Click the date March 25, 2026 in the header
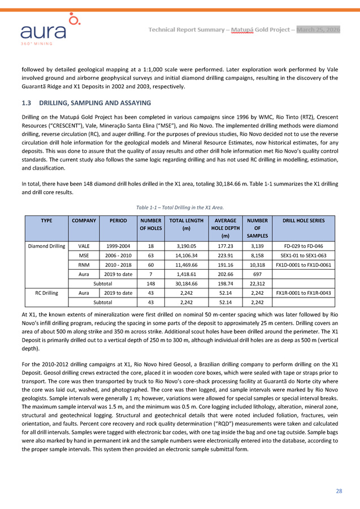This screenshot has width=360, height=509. tap(318, 29)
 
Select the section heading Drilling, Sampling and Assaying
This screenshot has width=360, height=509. tap(85, 103)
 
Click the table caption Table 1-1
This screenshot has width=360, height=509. tap(180, 207)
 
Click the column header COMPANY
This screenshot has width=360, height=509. tap(82, 221)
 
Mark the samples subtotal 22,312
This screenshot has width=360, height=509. tap(257, 283)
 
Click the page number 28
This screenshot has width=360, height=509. tap(339, 490)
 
